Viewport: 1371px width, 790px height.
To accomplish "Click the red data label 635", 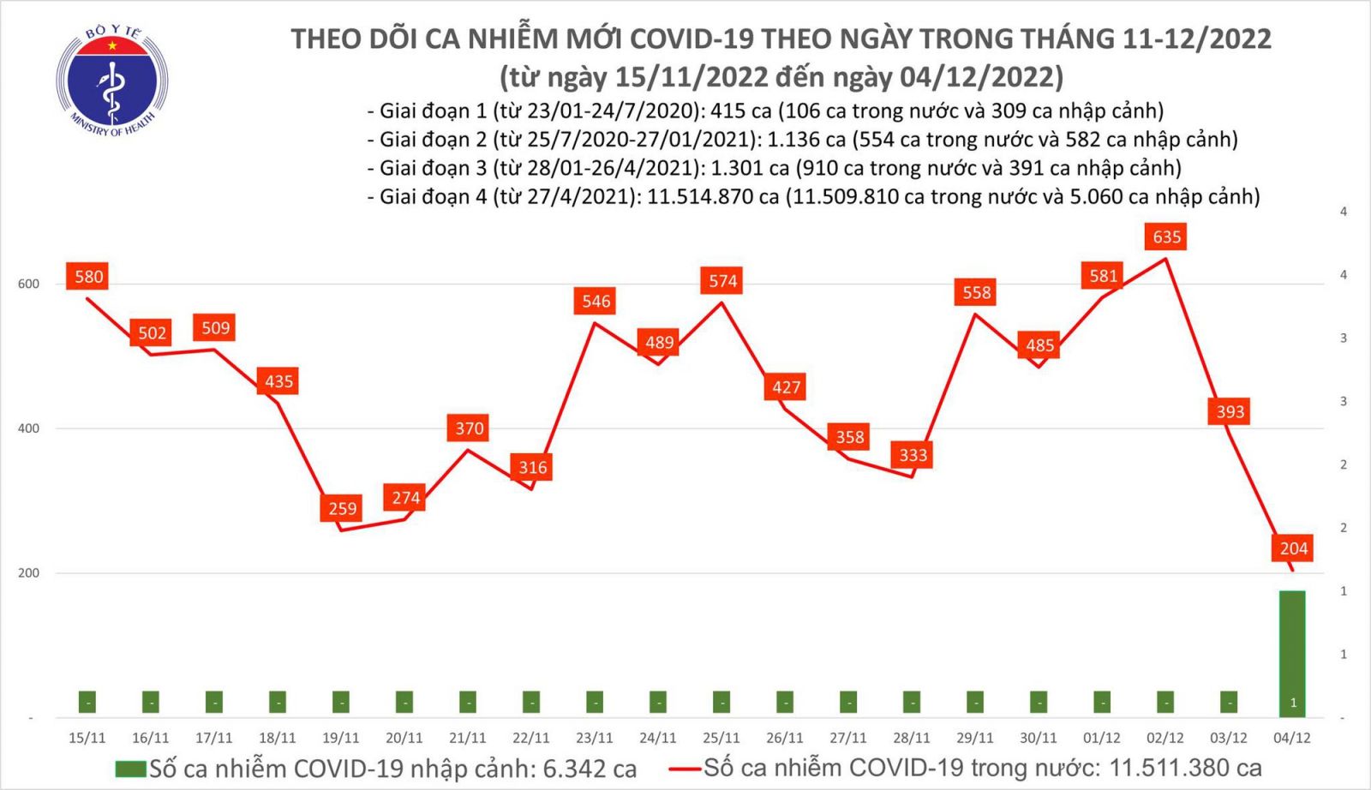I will pos(1166,236).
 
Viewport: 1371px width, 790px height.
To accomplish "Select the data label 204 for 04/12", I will pos(1293,548).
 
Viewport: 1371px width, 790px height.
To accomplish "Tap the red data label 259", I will pos(342,508).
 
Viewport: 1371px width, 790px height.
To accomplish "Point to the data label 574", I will pos(722,280).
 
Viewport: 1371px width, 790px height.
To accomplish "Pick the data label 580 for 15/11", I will pos(88,277).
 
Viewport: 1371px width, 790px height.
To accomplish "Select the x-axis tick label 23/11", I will pos(594,738).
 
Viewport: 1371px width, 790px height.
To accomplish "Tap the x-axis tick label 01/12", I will pos(1101,738).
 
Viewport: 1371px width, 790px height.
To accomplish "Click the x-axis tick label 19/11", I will pos(340,738).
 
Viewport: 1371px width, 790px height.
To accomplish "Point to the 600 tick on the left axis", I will pos(28,284).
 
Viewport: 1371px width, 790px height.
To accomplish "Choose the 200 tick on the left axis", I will pos(28,573).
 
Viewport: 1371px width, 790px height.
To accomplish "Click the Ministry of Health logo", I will pos(111,82).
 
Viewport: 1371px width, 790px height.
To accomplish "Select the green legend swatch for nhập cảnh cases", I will pos(130,769).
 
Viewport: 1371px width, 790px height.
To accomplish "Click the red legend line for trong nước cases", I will pos(685,769).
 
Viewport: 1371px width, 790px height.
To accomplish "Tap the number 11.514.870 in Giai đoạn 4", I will pos(712,197).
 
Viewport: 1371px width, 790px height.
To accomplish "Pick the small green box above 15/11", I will pos(87,702).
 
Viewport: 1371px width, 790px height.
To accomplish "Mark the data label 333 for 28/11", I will pos(913,455).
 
